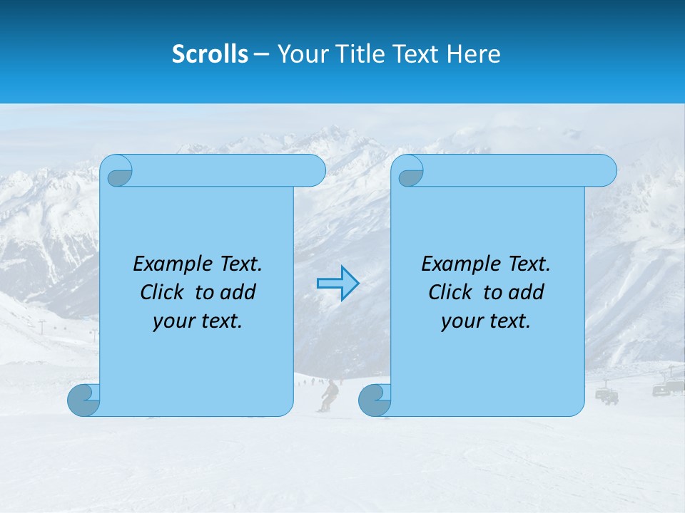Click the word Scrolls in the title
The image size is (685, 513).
(x=210, y=54)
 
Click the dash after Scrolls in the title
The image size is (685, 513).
(x=262, y=54)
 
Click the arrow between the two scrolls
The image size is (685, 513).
(x=338, y=284)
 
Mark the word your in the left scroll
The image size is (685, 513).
(x=173, y=321)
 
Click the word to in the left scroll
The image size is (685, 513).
(x=204, y=292)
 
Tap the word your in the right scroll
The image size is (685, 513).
(x=462, y=321)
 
